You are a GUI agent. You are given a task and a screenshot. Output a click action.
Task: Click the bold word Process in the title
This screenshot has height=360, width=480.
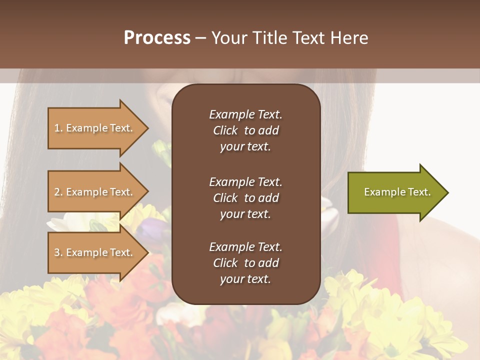coord(157,38)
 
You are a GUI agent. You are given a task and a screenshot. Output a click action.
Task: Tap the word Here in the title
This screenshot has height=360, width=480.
coord(349,38)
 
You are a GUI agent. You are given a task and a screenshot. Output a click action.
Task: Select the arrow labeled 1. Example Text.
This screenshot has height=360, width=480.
coord(95,128)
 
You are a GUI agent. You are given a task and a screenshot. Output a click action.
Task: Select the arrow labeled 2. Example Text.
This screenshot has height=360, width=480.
coord(95,192)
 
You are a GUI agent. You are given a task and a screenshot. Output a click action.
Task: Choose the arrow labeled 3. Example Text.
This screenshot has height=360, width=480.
coord(95,252)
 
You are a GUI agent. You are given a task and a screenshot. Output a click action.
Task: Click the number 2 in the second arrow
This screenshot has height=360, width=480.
coord(57,192)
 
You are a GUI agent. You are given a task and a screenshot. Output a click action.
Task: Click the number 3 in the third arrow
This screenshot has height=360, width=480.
coord(57,252)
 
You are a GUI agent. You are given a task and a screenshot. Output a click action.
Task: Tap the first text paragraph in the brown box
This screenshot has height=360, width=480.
coord(245,130)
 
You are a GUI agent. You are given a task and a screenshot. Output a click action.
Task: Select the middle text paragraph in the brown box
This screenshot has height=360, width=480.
coord(245,198)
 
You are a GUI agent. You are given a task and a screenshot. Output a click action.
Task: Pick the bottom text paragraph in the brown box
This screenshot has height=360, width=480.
coord(245,263)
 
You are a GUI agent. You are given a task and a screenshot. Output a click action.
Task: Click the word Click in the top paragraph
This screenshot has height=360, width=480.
coord(225,130)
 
